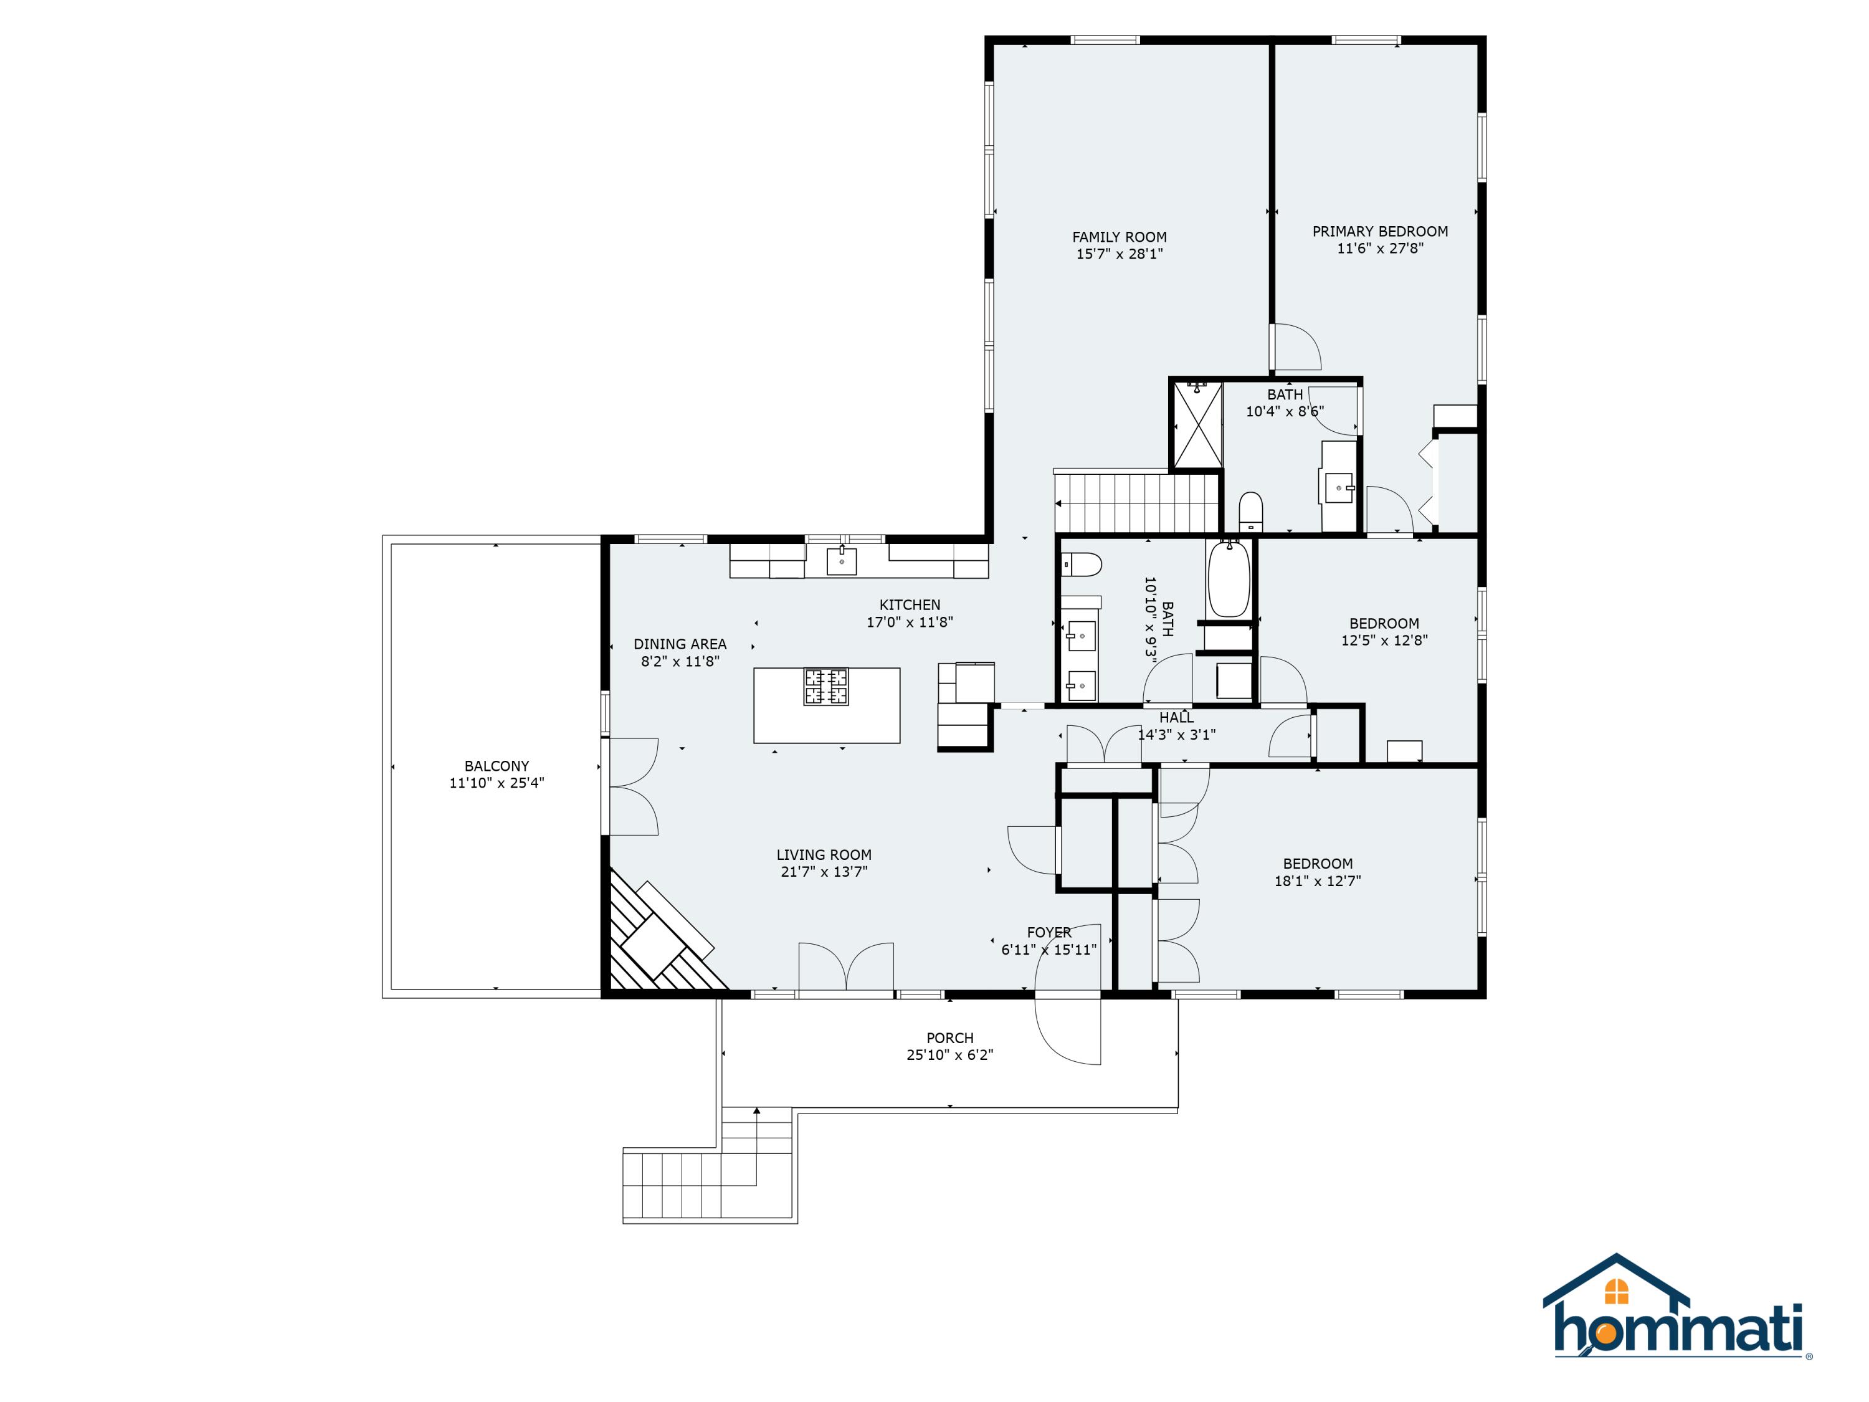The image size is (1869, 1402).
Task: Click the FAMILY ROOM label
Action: pos(1120,237)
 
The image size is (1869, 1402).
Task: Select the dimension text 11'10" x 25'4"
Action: pos(497,783)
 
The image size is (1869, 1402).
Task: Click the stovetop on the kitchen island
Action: pos(826,686)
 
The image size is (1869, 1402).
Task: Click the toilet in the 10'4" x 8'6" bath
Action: pos(1250,512)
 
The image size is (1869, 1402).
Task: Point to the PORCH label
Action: pos(949,1037)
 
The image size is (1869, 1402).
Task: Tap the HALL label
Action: pos(1176,717)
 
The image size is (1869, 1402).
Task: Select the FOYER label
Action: pos(1049,932)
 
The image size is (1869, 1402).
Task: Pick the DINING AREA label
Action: pos(680,644)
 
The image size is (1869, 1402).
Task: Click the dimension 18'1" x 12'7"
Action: pos(1317,880)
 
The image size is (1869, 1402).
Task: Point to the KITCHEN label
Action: pos(910,605)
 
